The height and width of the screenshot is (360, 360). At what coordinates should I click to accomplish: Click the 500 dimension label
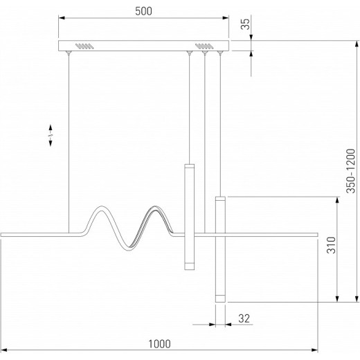tap(143, 11)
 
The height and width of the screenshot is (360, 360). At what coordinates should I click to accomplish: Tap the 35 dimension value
tap(245, 24)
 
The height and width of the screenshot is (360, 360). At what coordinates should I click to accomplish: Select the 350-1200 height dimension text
tap(351, 171)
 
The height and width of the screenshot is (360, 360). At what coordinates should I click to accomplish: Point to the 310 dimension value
tap(332, 245)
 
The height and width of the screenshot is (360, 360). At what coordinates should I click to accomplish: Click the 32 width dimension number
tap(244, 318)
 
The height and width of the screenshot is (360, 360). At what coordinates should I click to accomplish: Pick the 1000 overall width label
tap(159, 344)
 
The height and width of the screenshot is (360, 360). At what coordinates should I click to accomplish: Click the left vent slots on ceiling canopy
tap(84, 46)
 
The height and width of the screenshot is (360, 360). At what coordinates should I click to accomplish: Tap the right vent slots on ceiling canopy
tap(204, 46)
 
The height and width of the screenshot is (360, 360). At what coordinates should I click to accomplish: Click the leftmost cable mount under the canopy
tap(69, 53)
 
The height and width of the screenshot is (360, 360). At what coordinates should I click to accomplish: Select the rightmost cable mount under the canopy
tap(220, 53)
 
